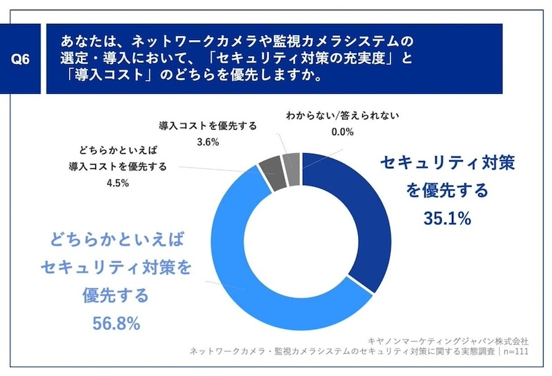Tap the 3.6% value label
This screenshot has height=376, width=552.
pyautogui.click(x=208, y=142)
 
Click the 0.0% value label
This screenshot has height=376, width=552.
pyautogui.click(x=342, y=132)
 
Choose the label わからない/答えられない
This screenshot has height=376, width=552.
pyautogui.click(x=342, y=116)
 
